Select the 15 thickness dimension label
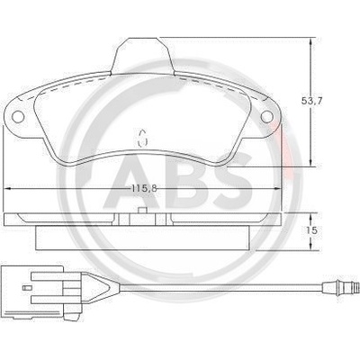point(312,230)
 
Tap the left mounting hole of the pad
point(18,116)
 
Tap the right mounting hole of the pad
point(266,116)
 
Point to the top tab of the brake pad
point(142,56)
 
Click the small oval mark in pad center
point(142,139)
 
